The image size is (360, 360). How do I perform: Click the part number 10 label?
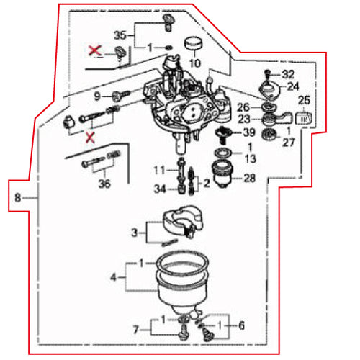tap(195, 63)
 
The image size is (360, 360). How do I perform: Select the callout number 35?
tap(120, 35)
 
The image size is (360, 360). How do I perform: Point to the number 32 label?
tap(288, 75)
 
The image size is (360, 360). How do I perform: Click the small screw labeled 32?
tap(266, 73)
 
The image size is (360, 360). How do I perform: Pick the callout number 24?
tap(293, 86)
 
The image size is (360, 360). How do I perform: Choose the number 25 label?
tap(304, 100)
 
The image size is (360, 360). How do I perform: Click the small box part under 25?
tap(303, 118)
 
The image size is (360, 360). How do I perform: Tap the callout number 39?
tap(249, 132)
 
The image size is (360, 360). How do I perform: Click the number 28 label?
tap(250, 179)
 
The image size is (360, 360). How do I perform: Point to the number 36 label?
tap(104, 184)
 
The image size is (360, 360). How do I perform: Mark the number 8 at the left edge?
tap(18, 198)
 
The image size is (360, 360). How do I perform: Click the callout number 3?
tap(135, 233)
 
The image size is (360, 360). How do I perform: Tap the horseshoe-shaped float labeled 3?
tap(183, 221)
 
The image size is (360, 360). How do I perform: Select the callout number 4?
tap(113, 277)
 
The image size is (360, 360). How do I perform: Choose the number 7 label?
tap(136, 330)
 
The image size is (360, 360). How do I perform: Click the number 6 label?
tap(241, 325)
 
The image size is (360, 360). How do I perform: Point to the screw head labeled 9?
tap(117, 96)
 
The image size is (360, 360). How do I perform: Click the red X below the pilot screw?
tap(90, 138)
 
